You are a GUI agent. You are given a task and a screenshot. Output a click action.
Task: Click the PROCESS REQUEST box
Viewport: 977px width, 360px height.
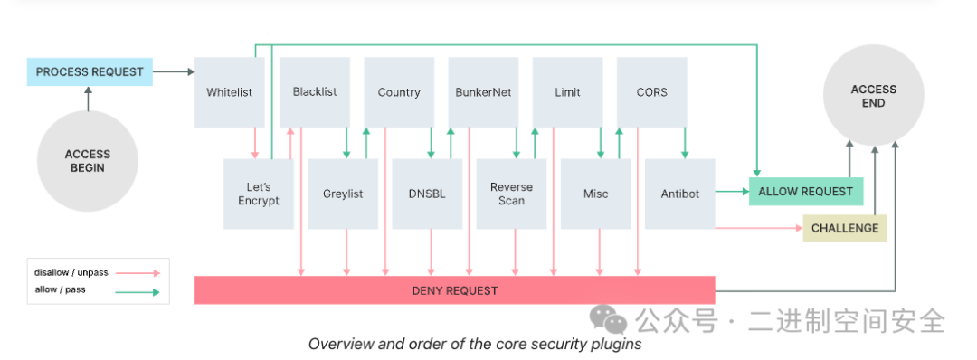click(x=90, y=71)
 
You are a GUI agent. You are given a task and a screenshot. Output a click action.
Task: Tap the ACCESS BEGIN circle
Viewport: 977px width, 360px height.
click(x=87, y=161)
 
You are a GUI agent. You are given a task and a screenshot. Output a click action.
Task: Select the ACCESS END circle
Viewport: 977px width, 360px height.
click(x=873, y=96)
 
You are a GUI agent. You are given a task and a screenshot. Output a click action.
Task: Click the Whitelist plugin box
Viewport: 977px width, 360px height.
click(x=229, y=92)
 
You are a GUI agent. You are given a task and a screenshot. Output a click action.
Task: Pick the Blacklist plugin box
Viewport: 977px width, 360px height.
click(x=315, y=92)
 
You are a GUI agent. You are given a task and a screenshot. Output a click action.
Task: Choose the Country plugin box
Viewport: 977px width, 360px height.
click(x=399, y=92)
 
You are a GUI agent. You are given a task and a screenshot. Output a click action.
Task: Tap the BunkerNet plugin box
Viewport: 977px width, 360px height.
click(x=483, y=92)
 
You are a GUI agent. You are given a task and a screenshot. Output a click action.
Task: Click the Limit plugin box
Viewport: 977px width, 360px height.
click(x=567, y=92)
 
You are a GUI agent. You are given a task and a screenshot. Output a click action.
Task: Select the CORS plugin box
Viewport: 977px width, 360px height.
click(x=651, y=92)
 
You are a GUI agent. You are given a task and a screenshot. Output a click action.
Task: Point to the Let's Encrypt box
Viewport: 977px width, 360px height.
click(x=259, y=194)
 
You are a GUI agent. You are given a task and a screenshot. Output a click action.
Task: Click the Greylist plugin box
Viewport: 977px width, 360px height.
click(x=343, y=194)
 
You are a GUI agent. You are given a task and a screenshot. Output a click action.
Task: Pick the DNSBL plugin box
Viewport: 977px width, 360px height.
click(x=427, y=194)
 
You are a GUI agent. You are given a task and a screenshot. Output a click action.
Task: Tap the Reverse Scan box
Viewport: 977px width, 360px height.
click(x=511, y=194)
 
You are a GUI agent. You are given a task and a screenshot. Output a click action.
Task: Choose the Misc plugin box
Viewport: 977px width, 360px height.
click(x=595, y=194)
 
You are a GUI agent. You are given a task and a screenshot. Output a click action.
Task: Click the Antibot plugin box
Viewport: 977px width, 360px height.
click(x=680, y=194)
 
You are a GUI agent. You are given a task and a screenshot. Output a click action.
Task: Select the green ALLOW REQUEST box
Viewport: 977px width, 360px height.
click(x=806, y=192)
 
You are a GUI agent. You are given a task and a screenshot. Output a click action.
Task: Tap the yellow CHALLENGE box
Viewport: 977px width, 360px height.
click(x=845, y=228)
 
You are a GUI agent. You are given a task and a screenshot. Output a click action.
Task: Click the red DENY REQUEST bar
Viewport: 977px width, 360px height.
click(x=455, y=290)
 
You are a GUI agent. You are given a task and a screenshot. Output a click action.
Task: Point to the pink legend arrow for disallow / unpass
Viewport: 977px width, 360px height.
click(x=138, y=273)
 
